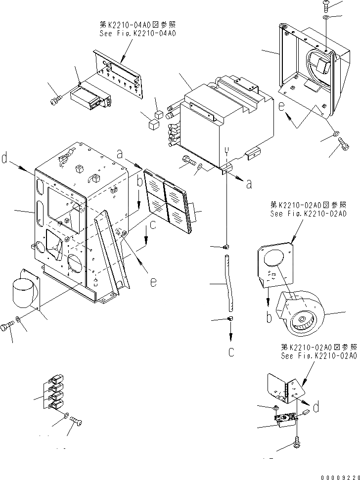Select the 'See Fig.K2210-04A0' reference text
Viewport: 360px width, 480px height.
pos(137,34)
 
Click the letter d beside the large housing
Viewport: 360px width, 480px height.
pos(4,159)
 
